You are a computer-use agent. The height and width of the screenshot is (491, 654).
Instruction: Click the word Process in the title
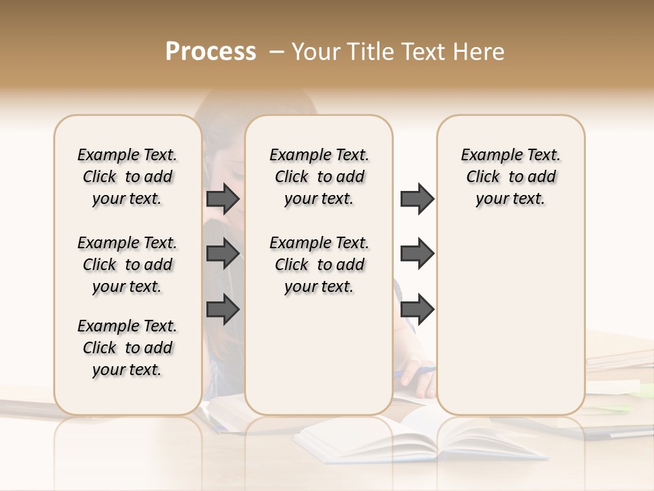[x=211, y=52]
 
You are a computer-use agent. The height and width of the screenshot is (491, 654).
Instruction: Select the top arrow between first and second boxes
[x=223, y=198]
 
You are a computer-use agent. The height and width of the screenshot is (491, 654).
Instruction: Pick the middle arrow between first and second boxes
[x=223, y=254]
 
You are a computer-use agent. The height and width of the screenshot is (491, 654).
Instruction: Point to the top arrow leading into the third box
[x=417, y=198]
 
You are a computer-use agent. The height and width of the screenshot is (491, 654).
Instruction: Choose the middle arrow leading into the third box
[x=417, y=254]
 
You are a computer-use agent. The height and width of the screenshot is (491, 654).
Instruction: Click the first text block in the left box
[x=127, y=177]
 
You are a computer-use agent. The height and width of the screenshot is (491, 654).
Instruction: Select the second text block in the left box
[x=127, y=265]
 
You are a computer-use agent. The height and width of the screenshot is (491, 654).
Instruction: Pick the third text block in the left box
[x=127, y=348]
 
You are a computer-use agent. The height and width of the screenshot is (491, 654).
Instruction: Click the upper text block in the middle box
[x=319, y=177]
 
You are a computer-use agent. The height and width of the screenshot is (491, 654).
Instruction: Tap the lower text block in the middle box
[x=319, y=265]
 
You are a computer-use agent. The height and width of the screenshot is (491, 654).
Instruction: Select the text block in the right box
[x=510, y=177]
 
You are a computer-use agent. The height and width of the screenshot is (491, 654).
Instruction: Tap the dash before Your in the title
[x=275, y=52]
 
